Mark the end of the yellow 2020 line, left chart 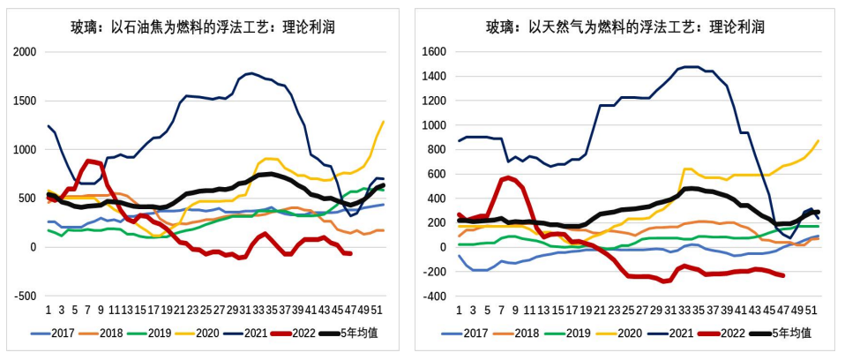coord(384,122)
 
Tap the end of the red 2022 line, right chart coord(782,275)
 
